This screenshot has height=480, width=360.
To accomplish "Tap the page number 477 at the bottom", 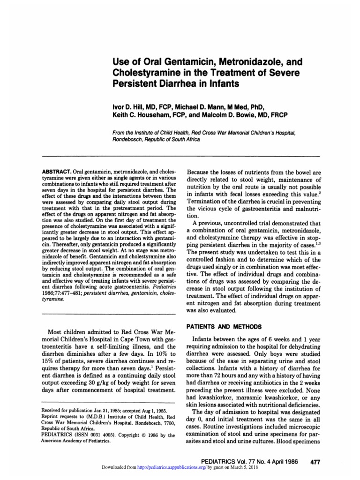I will (x=315, y=462).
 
